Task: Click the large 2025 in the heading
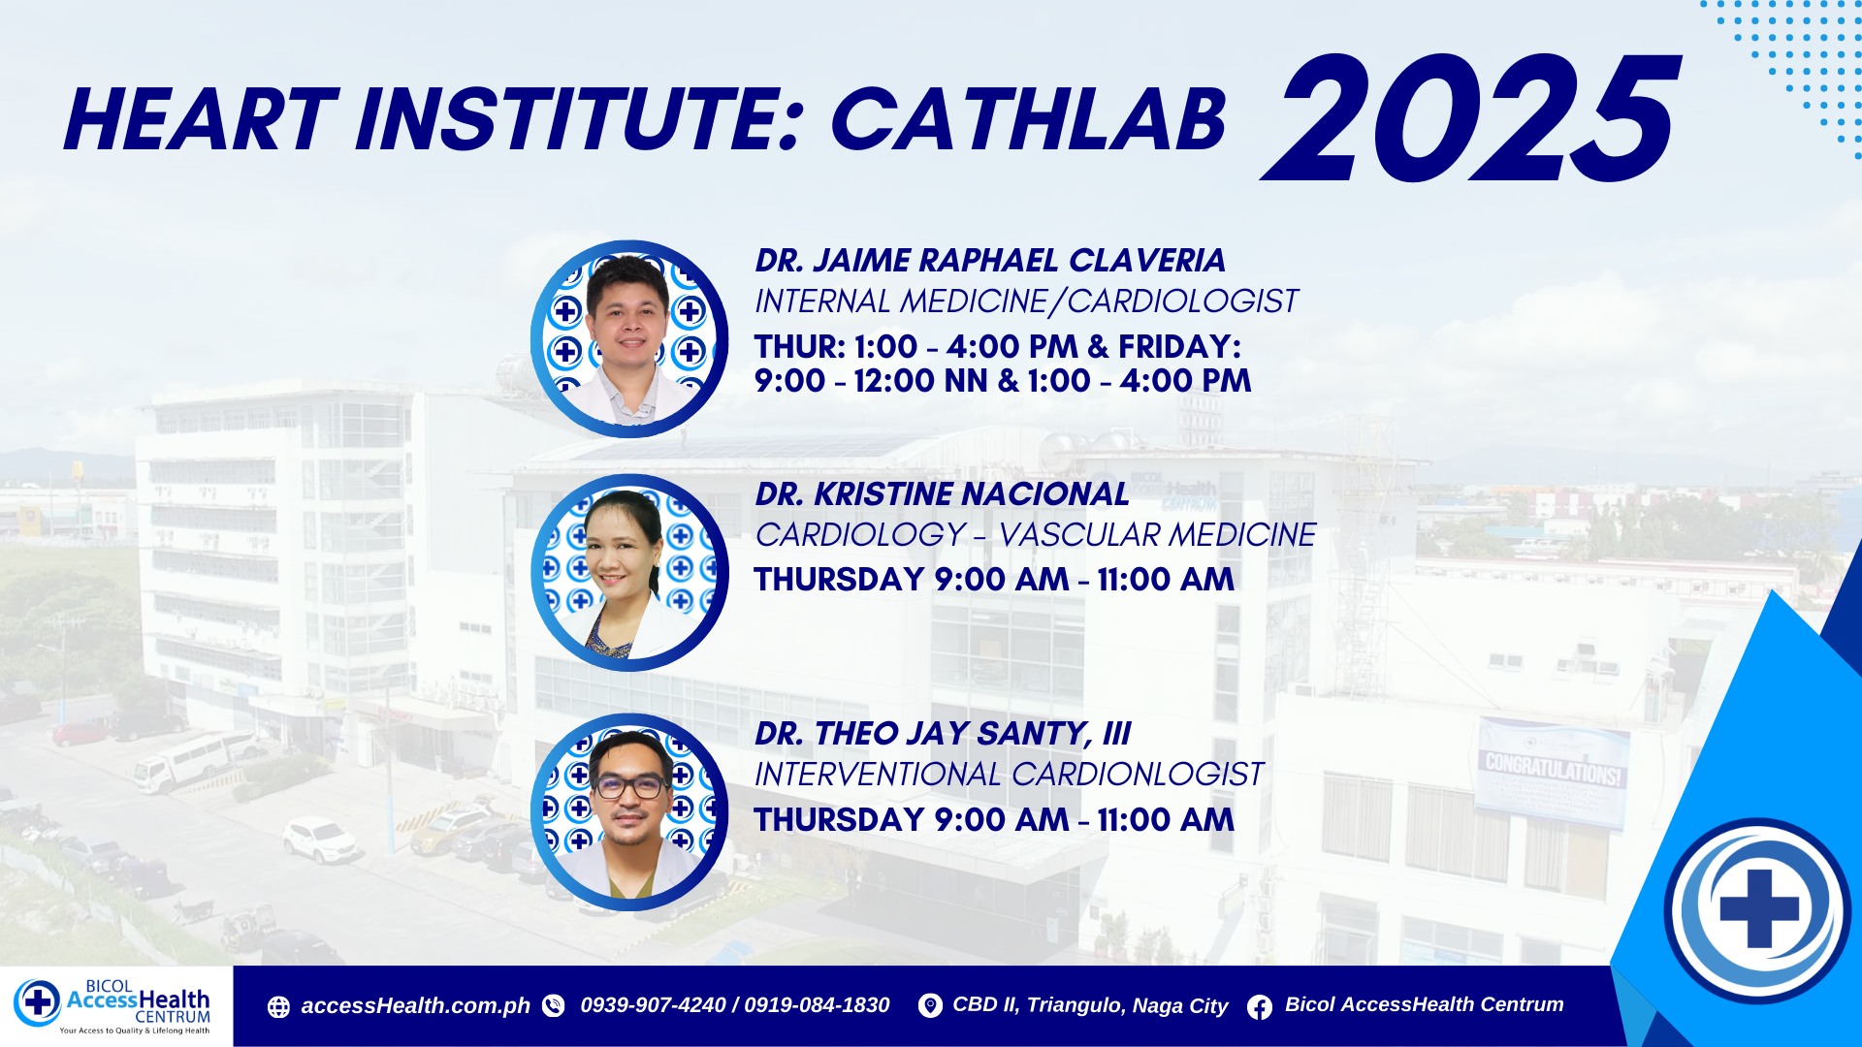click(1470, 118)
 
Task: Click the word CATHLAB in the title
click(1029, 120)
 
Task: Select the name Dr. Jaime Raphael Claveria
click(990, 261)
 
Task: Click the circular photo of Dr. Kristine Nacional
click(629, 573)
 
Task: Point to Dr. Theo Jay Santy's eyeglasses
click(629, 784)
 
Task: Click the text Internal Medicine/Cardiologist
click(1026, 301)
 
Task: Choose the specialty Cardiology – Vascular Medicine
click(1035, 534)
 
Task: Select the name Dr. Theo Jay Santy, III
click(943, 734)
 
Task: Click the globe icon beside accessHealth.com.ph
click(278, 1007)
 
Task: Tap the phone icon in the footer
click(554, 1006)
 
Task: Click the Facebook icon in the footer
click(1260, 1007)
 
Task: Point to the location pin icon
click(930, 1006)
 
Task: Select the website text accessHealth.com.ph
click(415, 1006)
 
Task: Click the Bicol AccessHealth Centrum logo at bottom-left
click(112, 1006)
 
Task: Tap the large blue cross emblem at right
click(1758, 909)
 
